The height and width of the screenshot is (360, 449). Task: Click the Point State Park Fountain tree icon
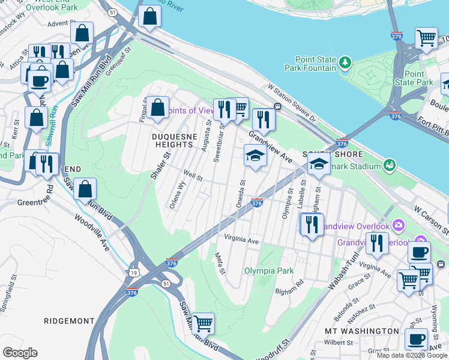(x=345, y=62)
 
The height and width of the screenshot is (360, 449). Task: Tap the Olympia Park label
(x=269, y=271)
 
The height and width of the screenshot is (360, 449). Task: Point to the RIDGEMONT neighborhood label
(x=70, y=321)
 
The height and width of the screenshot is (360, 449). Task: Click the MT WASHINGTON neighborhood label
(x=361, y=331)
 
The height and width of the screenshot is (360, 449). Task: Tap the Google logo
(x=20, y=353)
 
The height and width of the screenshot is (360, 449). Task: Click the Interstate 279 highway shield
(x=396, y=35)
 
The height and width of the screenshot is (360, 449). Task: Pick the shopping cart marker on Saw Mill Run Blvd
(x=203, y=324)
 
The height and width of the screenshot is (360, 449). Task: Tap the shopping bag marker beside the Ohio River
(x=149, y=17)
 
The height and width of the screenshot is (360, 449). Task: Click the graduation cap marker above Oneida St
(x=255, y=156)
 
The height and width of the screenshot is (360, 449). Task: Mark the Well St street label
(x=193, y=178)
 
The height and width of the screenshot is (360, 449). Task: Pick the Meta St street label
(x=220, y=263)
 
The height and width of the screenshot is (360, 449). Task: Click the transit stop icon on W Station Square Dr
(x=278, y=106)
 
